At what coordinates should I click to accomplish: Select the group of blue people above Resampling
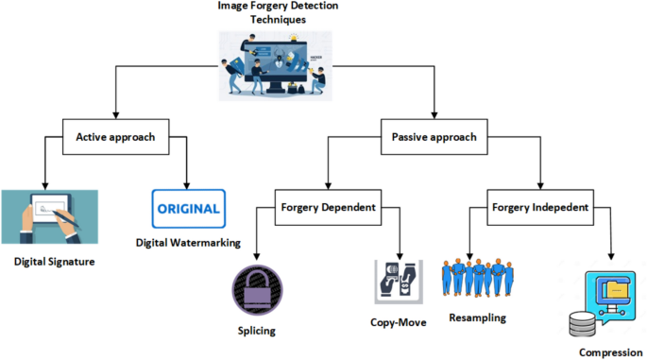tap(480, 275)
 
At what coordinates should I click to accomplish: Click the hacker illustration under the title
tap(278, 65)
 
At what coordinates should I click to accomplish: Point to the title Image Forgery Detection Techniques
tap(278, 11)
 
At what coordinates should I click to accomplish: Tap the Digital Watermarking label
tap(188, 243)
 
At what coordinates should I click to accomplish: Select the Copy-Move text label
tap(399, 321)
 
